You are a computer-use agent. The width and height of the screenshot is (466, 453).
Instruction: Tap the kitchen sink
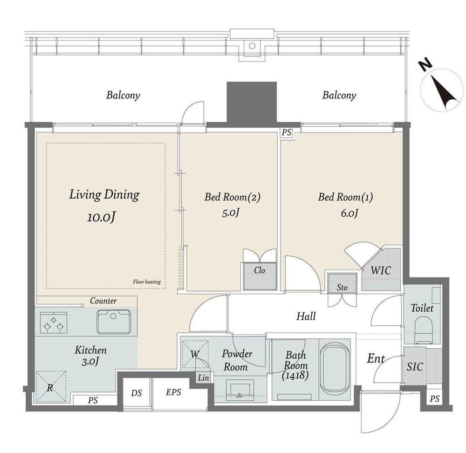pos(113,322)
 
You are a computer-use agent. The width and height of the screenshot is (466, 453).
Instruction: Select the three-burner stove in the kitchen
pos(54,323)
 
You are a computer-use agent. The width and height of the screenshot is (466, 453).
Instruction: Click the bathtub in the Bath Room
pos(335,369)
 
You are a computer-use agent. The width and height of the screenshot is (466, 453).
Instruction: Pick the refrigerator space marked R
pos(50,386)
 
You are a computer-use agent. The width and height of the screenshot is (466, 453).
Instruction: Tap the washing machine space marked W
pos(195,354)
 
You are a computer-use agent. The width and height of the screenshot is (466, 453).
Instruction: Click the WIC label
pos(381,271)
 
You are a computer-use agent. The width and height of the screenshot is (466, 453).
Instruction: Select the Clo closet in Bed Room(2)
pos(260,276)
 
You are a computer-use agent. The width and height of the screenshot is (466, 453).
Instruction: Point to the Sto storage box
pos(342,283)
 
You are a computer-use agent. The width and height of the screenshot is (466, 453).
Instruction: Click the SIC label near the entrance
pos(415,367)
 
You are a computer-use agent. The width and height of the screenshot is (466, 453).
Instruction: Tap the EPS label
pos(173,392)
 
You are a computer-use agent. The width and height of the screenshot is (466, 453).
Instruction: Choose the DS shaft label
pos(137,393)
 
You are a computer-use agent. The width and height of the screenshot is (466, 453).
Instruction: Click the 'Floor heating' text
pos(147,282)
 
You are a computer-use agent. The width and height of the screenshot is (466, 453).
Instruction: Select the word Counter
pos(103,301)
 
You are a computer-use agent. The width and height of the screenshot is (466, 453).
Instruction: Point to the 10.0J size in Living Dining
pos(101,217)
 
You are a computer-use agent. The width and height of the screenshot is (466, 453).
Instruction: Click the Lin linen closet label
pos(204,378)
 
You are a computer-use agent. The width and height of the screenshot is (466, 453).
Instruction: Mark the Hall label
pos(306,316)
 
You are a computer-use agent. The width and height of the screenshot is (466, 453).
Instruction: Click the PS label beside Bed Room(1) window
pos(287,132)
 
